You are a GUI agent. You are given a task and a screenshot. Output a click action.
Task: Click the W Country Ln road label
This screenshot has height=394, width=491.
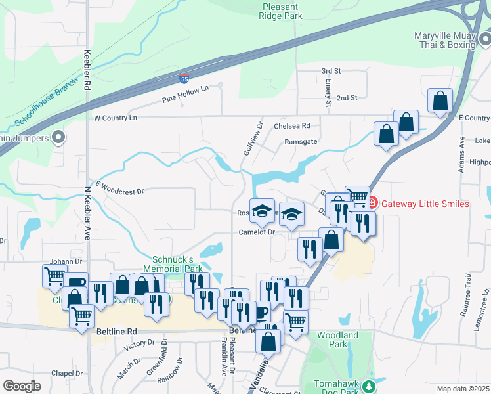pyautogui.click(x=116, y=118)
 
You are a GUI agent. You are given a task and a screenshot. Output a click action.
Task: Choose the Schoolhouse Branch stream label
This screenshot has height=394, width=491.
pyautogui.click(x=47, y=106)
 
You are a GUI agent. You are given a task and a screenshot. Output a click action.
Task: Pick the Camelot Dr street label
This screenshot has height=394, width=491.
pyautogui.click(x=256, y=232)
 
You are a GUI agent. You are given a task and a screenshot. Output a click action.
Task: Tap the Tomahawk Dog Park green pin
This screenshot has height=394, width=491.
pyautogui.click(x=369, y=386)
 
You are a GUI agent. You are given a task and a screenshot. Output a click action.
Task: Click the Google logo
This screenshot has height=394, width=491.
pyautogui.click(x=22, y=385)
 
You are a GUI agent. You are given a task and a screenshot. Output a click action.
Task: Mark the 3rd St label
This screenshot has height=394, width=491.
pyautogui.click(x=331, y=70)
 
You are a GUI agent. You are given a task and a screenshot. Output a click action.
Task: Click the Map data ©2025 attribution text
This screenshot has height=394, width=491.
pyautogui.click(x=463, y=389)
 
